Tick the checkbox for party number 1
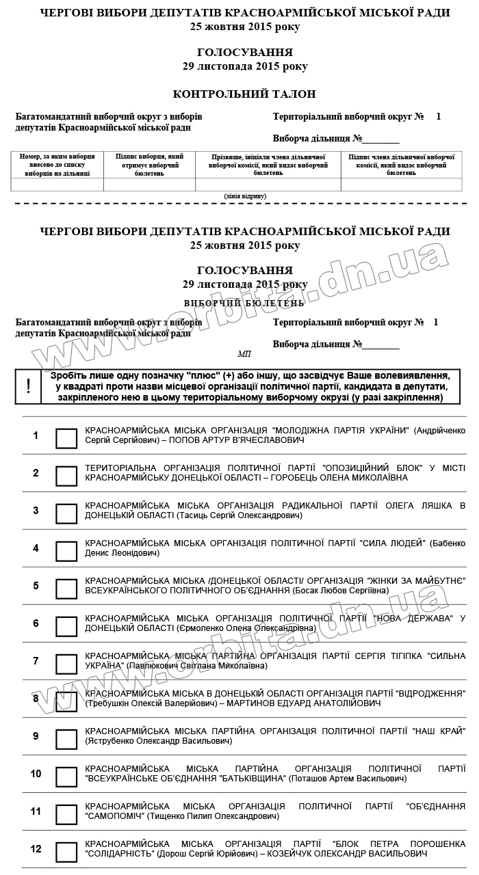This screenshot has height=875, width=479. [66, 438]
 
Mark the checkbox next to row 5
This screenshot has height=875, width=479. [66, 589]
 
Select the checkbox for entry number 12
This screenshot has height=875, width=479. [66, 852]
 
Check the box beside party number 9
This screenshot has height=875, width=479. [66, 739]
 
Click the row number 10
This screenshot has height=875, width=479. [36, 774]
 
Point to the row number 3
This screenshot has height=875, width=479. [36, 511]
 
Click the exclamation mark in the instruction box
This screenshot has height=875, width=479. [28, 386]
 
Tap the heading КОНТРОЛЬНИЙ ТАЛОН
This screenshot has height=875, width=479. [244, 94]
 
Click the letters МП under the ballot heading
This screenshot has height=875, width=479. [244, 354]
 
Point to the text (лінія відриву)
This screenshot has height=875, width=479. [244, 196]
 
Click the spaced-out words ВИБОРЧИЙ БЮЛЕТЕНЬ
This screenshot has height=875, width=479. [244, 302]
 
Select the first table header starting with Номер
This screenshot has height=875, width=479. [57, 165]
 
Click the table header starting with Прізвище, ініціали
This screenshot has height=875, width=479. [268, 165]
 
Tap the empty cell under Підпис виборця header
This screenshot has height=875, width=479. [149, 185]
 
